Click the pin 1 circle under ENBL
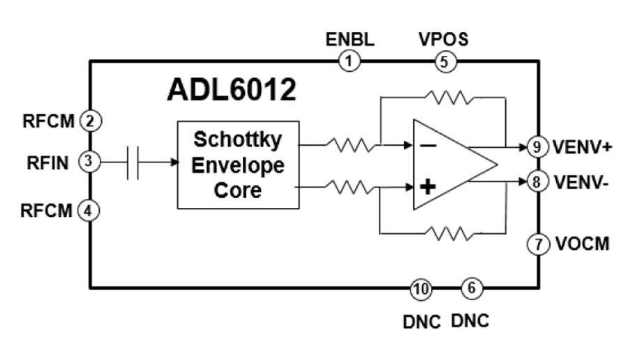click(x=350, y=61)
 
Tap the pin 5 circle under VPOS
click(x=444, y=61)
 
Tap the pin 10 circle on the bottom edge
click(x=421, y=287)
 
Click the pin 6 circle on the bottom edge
click(x=472, y=287)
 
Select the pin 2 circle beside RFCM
click(x=90, y=121)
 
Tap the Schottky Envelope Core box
click(x=239, y=165)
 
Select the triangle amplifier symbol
click(x=450, y=165)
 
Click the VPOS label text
click(x=444, y=39)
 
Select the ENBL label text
click(x=350, y=39)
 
